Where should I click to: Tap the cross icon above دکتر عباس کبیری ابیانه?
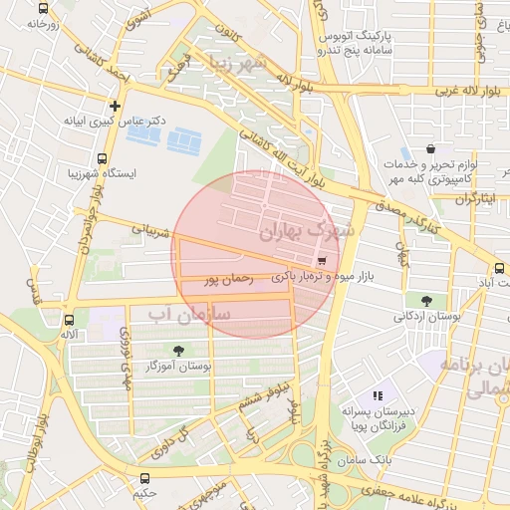tap(116, 105)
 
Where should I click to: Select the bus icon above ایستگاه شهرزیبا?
tap(103, 157)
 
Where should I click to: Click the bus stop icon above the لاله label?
tap(68, 321)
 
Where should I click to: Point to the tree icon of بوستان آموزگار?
tap(178, 350)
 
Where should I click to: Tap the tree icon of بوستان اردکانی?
tap(426, 300)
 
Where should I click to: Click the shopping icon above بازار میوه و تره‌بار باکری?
tap(320, 260)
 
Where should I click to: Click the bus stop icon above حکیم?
tap(146, 478)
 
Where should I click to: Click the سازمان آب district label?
tap(188, 314)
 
